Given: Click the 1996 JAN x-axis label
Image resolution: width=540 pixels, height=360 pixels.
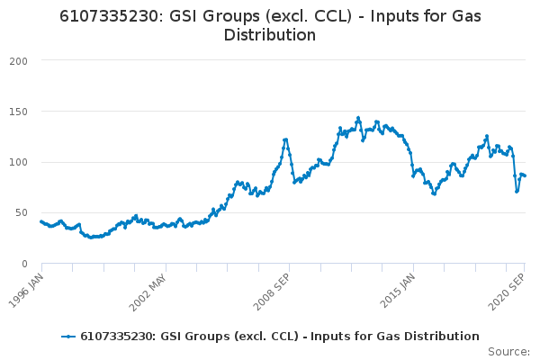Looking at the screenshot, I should [x=28, y=284].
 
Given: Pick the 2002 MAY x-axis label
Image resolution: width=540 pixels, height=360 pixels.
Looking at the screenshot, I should [x=149, y=285].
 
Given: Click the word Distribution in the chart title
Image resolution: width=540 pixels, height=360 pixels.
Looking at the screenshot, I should [x=269, y=35].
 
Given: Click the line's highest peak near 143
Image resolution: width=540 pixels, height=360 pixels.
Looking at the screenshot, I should [x=357, y=118].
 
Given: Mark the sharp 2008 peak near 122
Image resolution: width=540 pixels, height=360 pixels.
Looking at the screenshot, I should [x=285, y=139].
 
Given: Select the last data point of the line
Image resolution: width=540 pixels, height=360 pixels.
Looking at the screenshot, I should [x=526, y=175].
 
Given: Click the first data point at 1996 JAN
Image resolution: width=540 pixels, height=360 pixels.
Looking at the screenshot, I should [x=41, y=220].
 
